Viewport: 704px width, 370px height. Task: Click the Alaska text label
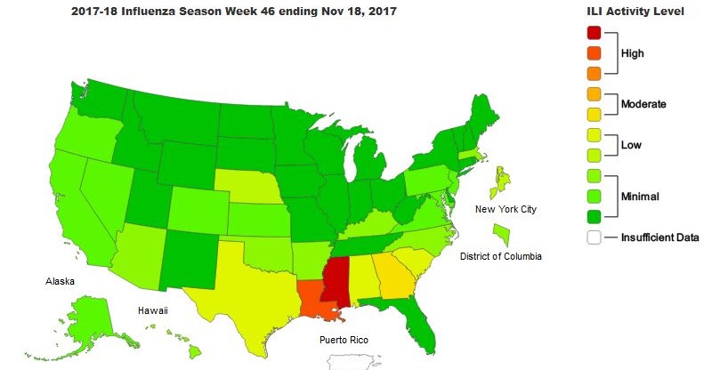(61, 281)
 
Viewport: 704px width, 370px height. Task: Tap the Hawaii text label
(151, 310)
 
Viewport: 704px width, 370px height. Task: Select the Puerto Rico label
(344, 340)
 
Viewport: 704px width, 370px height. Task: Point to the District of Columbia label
(500, 256)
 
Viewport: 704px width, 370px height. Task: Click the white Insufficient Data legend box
(594, 237)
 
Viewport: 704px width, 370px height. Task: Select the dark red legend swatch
(594, 33)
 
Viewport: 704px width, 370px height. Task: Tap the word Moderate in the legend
(643, 104)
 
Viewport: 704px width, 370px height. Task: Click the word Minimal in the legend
(641, 196)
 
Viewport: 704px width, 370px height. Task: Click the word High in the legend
(633, 53)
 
